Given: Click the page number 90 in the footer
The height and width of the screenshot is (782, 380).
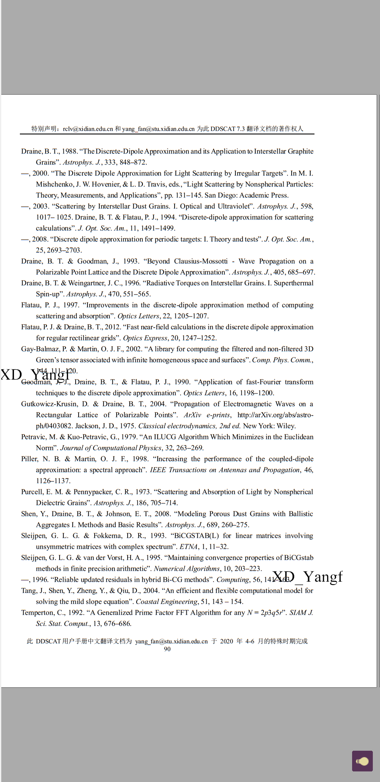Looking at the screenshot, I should [167, 649].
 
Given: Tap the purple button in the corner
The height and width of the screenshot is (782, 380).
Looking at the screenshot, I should [362, 761].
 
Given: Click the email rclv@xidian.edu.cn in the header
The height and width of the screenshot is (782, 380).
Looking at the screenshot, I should [88, 129].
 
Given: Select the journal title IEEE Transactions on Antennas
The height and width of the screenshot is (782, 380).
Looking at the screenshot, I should [226, 470].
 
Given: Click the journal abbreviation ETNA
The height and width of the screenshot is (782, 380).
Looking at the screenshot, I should [189, 547].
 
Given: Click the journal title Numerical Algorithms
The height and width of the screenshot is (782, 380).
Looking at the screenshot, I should [186, 569].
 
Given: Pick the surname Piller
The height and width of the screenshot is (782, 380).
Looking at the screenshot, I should [29, 459].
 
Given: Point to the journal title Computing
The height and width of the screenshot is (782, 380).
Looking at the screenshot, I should [232, 580].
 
